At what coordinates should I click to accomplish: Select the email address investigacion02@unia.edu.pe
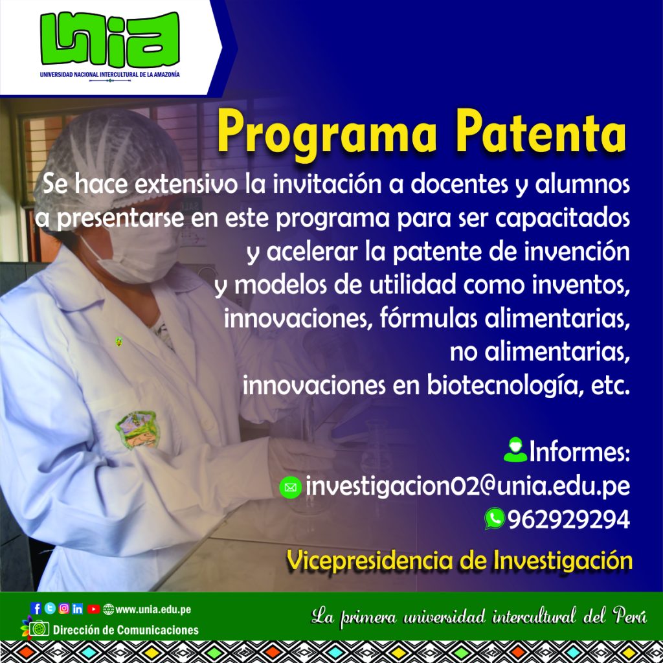tap(467, 486)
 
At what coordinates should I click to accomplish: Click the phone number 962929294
tap(568, 519)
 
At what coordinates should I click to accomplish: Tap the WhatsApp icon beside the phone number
tap(495, 519)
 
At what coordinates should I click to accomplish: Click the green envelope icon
tap(291, 488)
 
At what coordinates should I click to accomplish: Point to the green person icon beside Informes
tap(515, 449)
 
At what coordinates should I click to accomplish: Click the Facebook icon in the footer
tap(36, 609)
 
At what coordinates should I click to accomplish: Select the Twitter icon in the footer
tap(50, 609)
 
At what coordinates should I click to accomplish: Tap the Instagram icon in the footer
tap(64, 609)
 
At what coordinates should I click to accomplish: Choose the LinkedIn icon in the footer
tap(78, 609)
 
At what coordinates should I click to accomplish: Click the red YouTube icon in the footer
tap(93, 609)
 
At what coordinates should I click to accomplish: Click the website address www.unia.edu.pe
tap(153, 609)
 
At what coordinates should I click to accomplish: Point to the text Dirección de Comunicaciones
tap(126, 630)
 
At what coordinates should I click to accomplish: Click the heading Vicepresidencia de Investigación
tap(460, 561)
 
